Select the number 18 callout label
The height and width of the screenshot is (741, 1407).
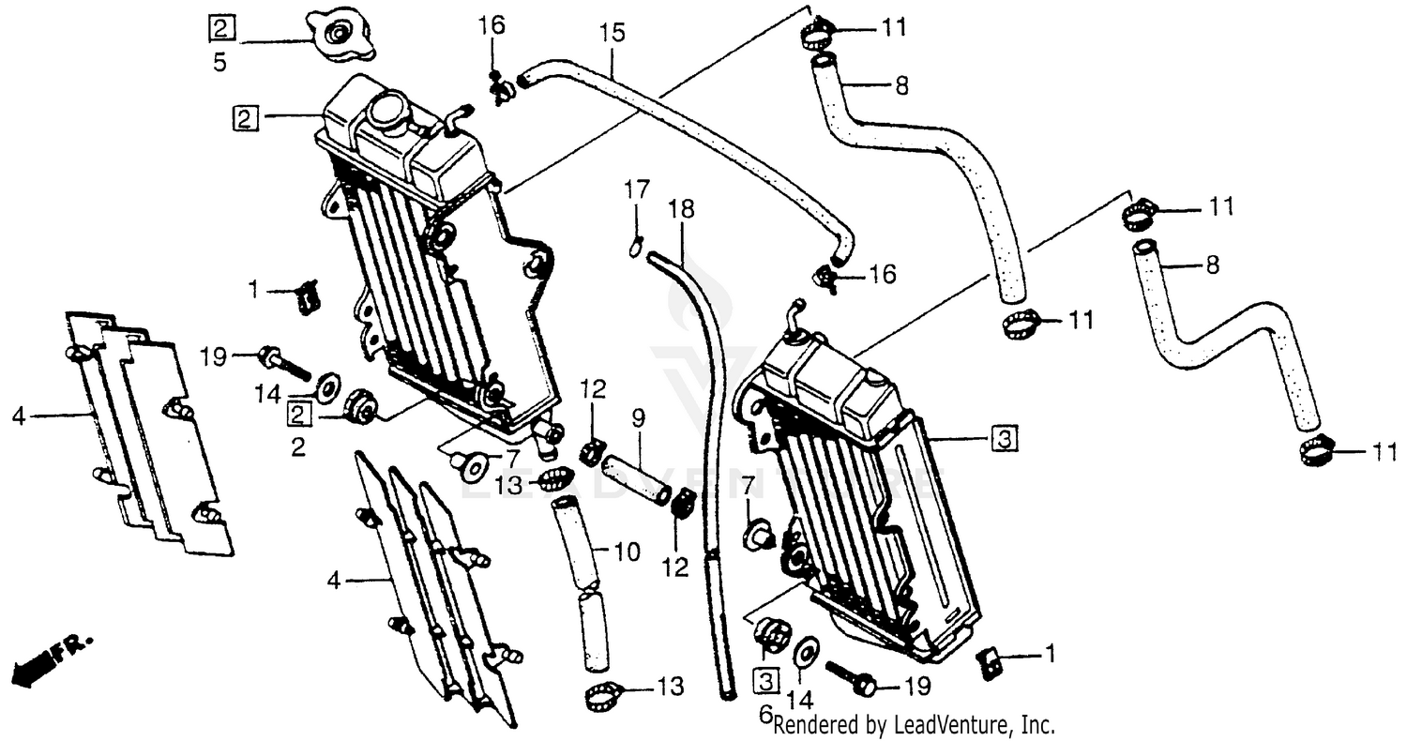coord(682,210)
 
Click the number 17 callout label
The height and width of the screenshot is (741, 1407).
coord(637,190)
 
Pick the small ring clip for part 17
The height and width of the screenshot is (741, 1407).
coord(636,248)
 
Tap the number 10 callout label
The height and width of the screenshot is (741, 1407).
coord(628,552)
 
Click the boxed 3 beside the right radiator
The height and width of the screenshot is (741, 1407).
coord(1003,437)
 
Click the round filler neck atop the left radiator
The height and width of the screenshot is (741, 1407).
coord(387,113)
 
